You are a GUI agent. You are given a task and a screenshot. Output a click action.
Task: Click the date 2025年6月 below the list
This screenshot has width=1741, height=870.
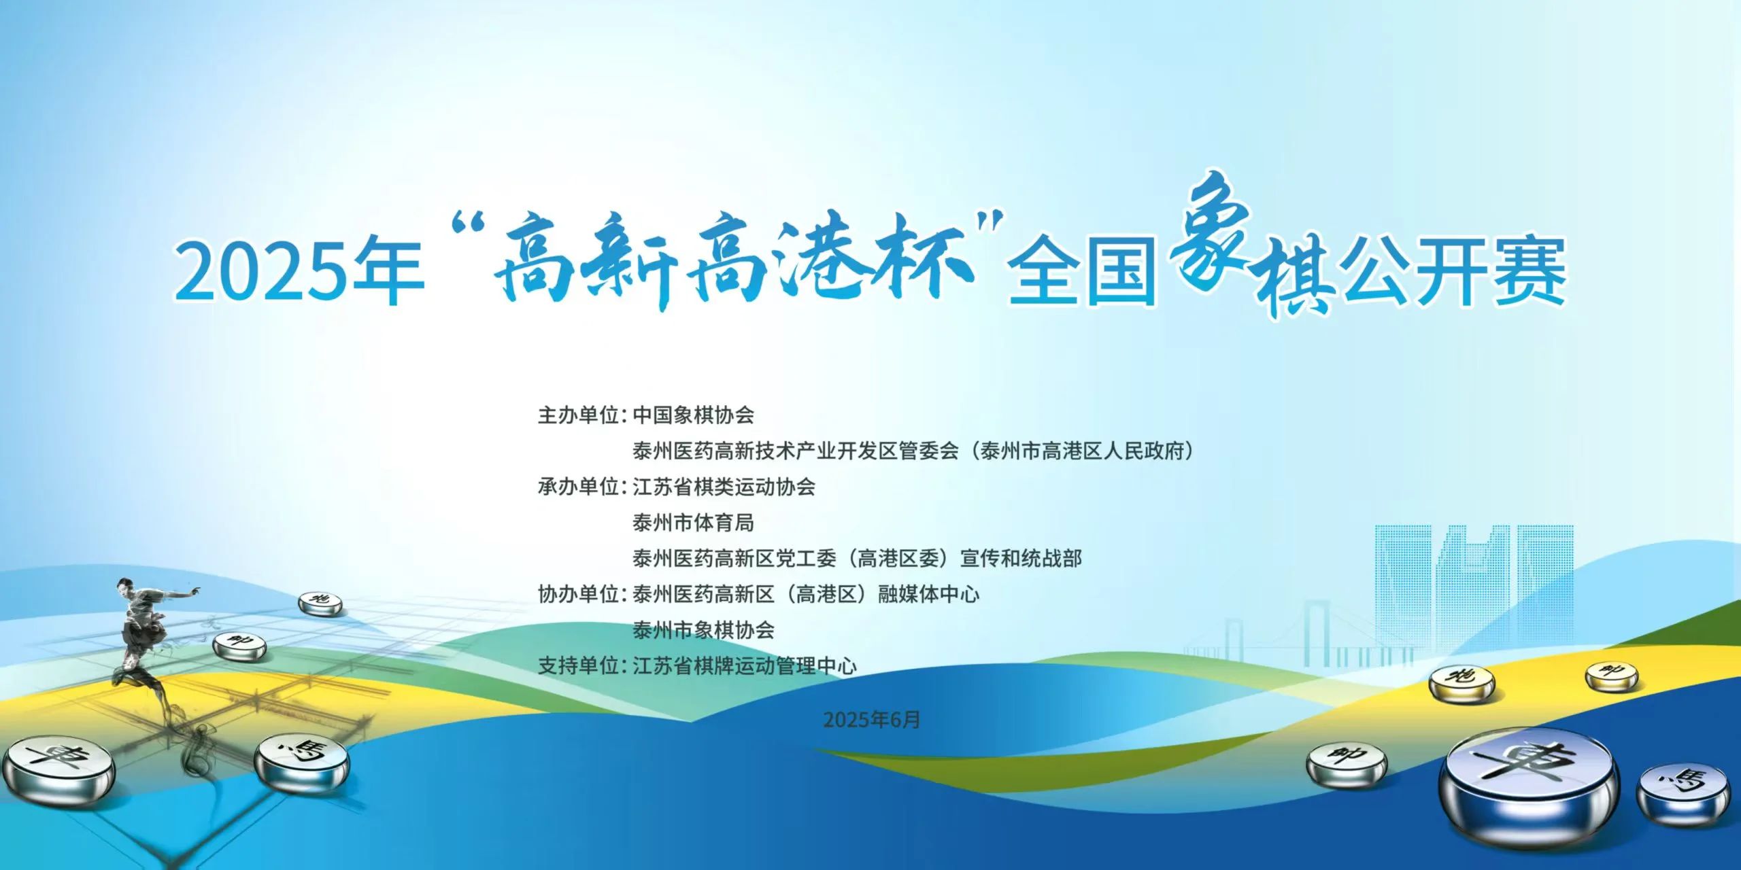click(871, 719)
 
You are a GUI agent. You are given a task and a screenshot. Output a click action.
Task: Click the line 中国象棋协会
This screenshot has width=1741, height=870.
click(694, 415)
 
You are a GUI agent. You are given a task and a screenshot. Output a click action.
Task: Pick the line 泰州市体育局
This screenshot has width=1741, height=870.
click(694, 523)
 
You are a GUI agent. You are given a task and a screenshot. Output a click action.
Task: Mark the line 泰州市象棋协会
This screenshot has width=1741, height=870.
click(704, 630)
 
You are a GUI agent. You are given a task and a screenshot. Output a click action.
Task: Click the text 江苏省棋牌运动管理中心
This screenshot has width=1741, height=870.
click(745, 665)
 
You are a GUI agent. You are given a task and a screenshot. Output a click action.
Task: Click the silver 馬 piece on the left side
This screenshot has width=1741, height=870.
click(302, 762)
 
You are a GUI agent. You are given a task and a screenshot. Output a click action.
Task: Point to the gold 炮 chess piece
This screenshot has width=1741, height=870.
click(1461, 684)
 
